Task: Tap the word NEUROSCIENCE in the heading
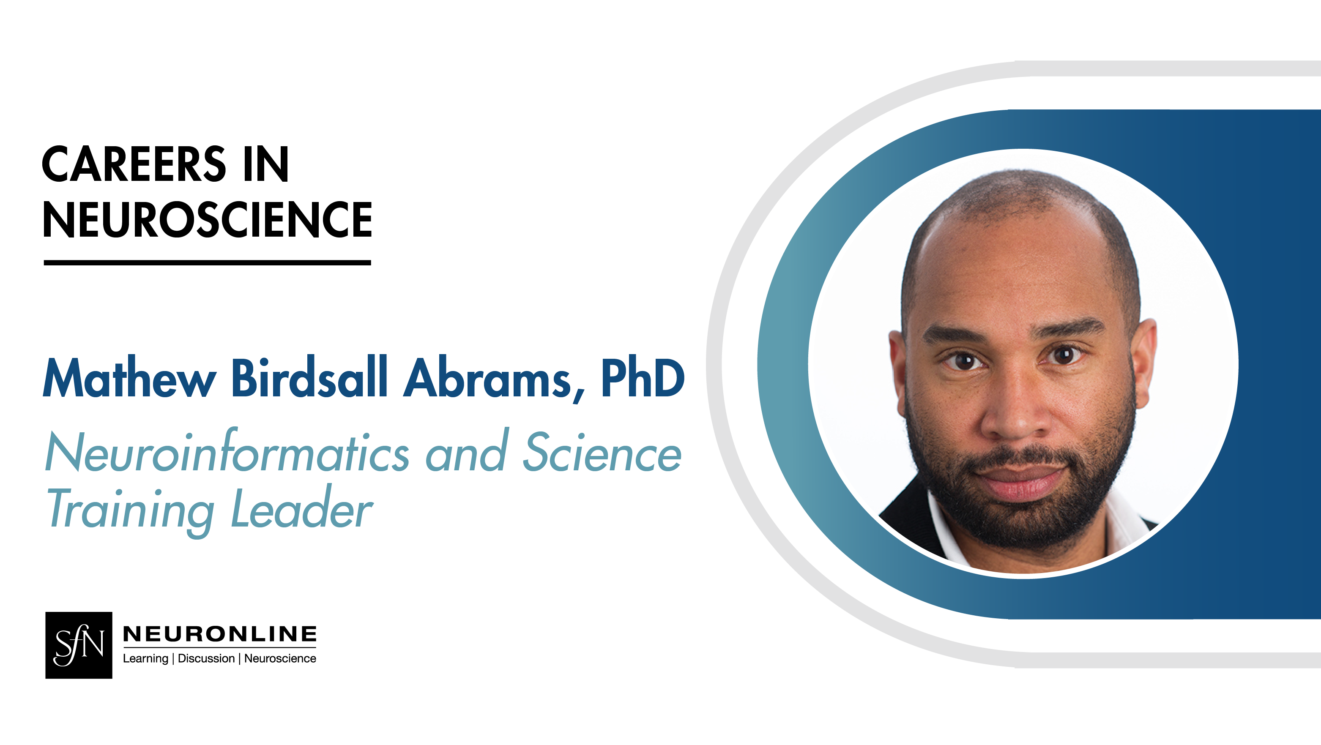(207, 220)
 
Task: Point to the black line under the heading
(207, 262)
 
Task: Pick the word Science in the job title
(602, 452)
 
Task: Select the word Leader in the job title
(301, 509)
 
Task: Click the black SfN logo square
(79, 645)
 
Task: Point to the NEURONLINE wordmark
(219, 634)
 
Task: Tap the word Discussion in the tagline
(206, 658)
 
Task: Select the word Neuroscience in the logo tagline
(280, 658)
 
